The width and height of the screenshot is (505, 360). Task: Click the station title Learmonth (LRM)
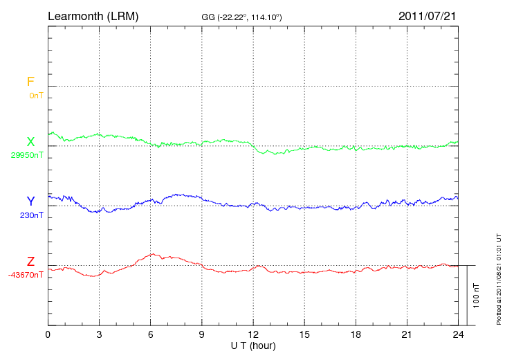(x=93, y=15)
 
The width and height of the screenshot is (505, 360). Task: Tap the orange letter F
(x=30, y=82)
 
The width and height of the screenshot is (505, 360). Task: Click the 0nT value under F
(x=36, y=95)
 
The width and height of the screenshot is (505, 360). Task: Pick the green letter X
(x=30, y=142)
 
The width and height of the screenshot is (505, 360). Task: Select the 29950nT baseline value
(x=27, y=155)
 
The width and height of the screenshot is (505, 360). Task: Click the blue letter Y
(x=30, y=201)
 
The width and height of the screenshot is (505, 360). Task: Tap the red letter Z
(x=30, y=262)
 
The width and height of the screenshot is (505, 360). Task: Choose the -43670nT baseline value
(x=27, y=275)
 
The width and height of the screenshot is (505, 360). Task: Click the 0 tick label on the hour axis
(x=48, y=334)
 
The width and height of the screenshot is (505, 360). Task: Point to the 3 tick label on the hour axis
(x=99, y=334)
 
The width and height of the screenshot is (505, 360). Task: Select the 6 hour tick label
(x=150, y=334)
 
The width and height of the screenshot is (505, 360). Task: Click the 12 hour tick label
(x=253, y=334)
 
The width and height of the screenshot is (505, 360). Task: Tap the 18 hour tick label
(x=356, y=334)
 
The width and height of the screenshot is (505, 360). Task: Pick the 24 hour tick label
(x=458, y=334)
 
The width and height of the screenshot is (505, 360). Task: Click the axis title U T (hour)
(x=253, y=345)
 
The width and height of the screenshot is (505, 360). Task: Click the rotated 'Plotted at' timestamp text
(x=498, y=277)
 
